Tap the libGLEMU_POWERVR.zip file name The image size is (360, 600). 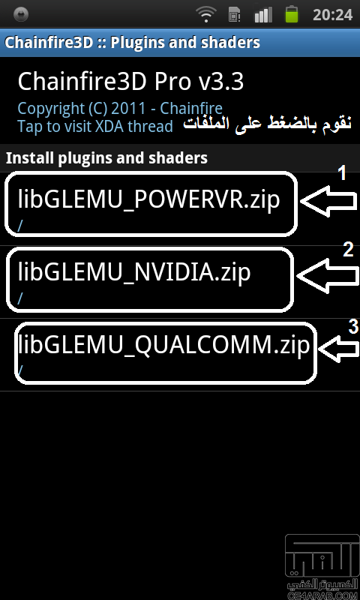tap(148, 199)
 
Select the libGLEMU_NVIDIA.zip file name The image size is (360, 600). tap(134, 271)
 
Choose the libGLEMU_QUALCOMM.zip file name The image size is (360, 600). tap(163, 345)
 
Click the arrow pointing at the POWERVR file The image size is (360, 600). tap(329, 200)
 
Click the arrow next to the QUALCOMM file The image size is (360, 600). tap(338, 349)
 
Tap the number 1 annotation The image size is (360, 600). tap(342, 173)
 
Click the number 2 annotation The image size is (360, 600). tap(348, 250)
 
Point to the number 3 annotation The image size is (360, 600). tap(353, 326)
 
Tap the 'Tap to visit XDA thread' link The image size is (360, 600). tap(95, 126)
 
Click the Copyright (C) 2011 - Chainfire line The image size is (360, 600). tap(120, 109)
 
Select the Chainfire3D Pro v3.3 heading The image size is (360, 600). tap(130, 82)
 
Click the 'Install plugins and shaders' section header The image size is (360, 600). tap(106, 158)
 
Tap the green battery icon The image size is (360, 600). tap(292, 14)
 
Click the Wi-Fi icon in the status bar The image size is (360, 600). tap(205, 14)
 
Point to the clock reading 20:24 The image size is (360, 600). tap(332, 15)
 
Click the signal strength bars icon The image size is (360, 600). tap(262, 14)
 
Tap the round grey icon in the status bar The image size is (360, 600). tap(21, 14)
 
